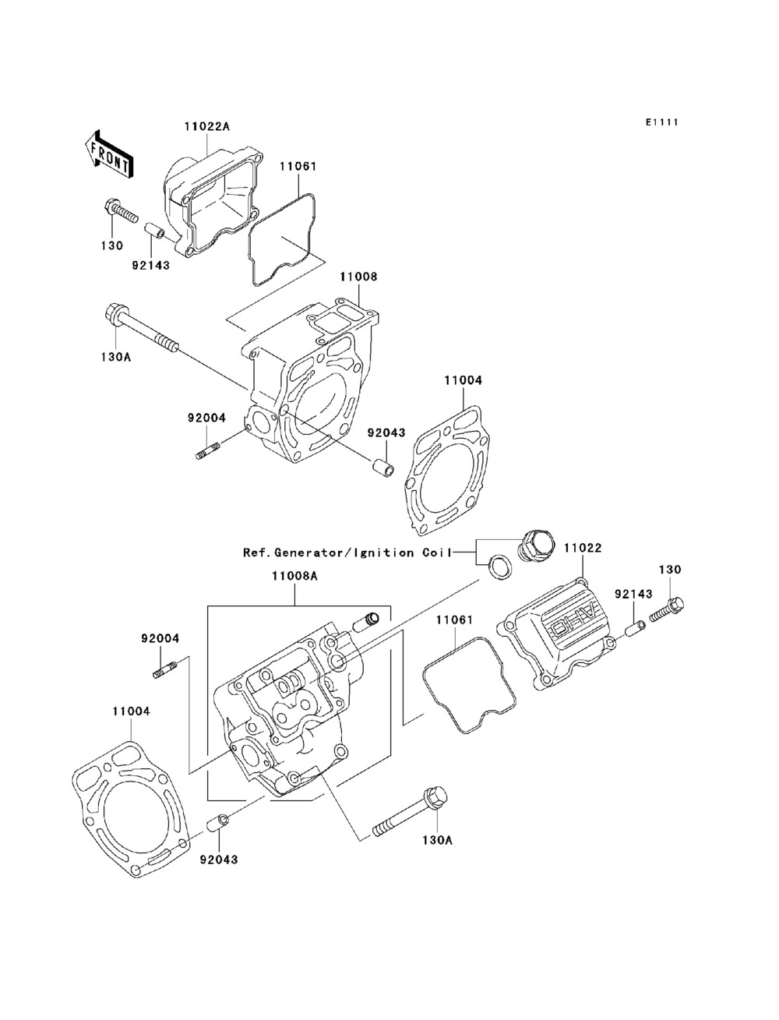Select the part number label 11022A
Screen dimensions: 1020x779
coord(206,126)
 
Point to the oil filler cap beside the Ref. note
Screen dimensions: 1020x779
coord(535,544)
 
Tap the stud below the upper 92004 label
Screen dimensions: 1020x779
coord(208,450)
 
